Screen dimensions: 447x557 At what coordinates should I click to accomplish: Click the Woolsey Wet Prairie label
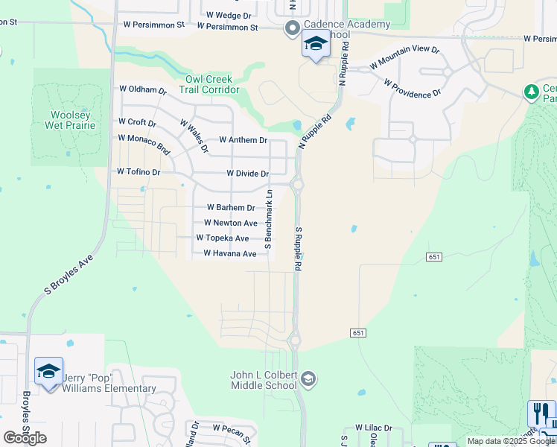(73, 120)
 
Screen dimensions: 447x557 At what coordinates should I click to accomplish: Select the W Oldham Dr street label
(143, 89)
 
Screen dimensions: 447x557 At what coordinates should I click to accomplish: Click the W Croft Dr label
(137, 122)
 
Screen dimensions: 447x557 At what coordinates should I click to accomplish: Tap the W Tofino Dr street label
(139, 172)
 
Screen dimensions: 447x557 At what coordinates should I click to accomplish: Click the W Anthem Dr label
(243, 140)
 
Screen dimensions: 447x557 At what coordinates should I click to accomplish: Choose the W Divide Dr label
(247, 174)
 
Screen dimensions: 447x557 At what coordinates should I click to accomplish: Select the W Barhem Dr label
(231, 208)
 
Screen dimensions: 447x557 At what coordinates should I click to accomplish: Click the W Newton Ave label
(231, 223)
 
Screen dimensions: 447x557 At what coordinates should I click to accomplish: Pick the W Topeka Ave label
(223, 238)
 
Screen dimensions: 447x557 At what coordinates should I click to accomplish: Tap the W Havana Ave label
(230, 254)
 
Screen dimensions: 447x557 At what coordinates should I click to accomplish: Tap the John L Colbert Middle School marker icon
(308, 381)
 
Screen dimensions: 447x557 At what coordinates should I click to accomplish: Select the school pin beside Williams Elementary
(48, 372)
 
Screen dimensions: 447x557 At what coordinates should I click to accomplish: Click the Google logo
(25, 438)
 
